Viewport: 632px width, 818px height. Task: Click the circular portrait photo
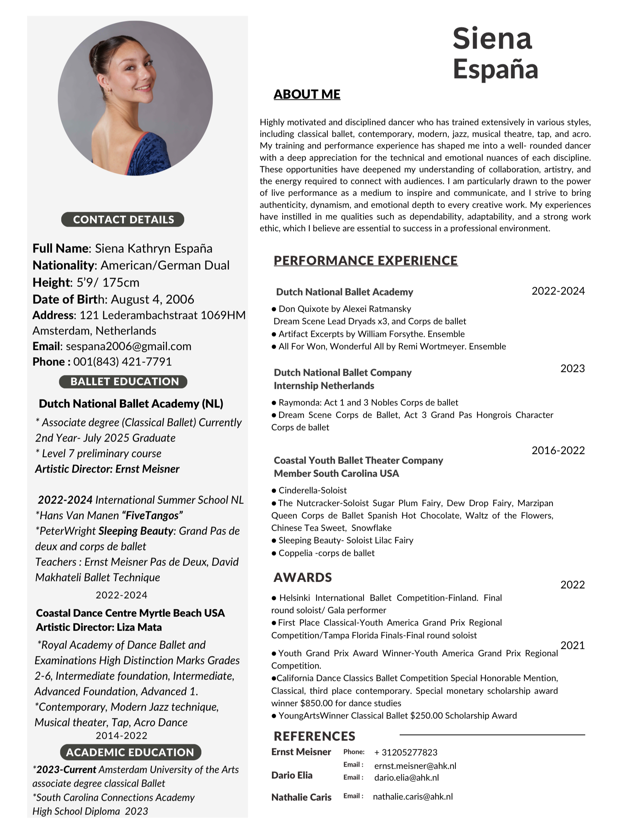(x=135, y=98)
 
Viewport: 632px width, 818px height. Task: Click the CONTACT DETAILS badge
(x=123, y=219)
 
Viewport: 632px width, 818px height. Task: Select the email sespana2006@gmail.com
(x=128, y=346)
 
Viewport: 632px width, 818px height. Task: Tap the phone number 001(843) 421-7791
(x=123, y=361)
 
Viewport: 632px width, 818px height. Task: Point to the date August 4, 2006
(x=152, y=299)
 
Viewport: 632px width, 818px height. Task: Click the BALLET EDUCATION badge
(x=123, y=381)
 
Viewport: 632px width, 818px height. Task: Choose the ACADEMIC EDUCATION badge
(x=130, y=752)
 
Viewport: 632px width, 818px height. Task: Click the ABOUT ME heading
(x=307, y=94)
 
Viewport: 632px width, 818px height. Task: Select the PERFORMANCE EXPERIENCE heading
(x=366, y=260)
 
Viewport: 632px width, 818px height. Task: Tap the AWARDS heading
(x=303, y=577)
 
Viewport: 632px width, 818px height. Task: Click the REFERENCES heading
(x=315, y=736)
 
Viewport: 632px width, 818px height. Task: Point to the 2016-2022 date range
(x=558, y=450)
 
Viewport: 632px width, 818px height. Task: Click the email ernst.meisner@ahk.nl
(x=415, y=766)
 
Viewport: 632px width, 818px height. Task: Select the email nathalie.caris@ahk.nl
(x=413, y=797)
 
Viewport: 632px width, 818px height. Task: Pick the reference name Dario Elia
(x=292, y=775)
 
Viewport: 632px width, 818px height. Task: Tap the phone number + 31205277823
(x=405, y=753)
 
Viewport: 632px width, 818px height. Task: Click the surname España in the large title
(x=495, y=69)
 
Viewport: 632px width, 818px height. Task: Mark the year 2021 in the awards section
(x=572, y=645)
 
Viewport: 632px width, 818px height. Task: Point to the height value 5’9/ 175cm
(x=108, y=282)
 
